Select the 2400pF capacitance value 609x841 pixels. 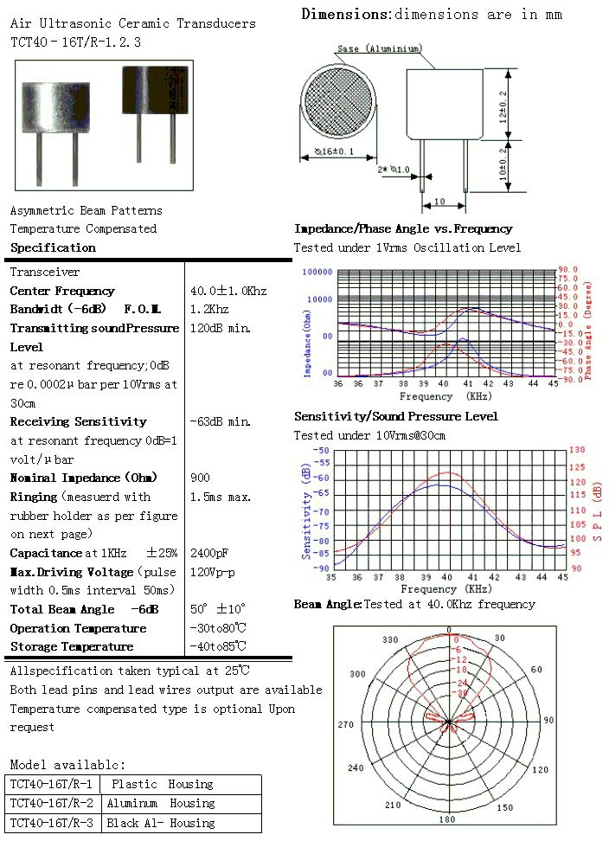pos(209,553)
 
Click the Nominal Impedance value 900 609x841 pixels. pos(200,478)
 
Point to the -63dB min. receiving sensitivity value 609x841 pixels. pos(220,421)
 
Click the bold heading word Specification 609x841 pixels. pos(53,248)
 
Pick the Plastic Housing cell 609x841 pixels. pos(162,784)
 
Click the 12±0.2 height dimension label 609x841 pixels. pos(503,106)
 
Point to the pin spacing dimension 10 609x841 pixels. pos(439,202)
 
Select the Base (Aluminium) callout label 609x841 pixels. pos(379,48)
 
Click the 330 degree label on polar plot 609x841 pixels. pos(391,640)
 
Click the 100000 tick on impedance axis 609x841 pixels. pos(317,272)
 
